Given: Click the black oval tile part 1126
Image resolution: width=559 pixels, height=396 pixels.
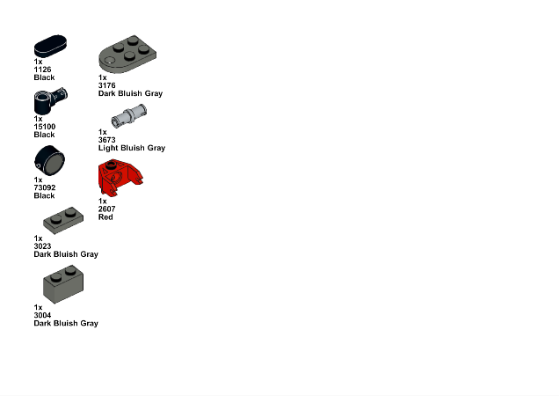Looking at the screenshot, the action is pyautogui.click(x=50, y=46).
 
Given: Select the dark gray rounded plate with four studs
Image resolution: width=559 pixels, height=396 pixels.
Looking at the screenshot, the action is pyautogui.click(x=127, y=55).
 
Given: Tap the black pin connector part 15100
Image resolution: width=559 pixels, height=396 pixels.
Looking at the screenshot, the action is pyautogui.click(x=50, y=101).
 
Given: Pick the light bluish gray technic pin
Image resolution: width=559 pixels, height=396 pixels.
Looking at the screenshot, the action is pyautogui.click(x=128, y=116).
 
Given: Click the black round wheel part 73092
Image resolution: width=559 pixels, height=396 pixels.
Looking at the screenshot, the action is pyautogui.click(x=49, y=161).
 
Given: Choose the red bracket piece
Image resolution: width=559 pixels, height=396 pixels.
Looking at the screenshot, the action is pyautogui.click(x=120, y=178).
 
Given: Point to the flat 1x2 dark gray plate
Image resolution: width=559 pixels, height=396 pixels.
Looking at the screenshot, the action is pyautogui.click(x=63, y=221).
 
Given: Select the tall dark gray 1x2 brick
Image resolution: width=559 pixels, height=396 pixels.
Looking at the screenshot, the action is pyautogui.click(x=63, y=284).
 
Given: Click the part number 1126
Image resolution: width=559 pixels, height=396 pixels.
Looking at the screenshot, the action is pyautogui.click(x=42, y=70).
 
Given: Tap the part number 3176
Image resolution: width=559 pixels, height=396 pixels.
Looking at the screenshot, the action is pyautogui.click(x=107, y=85).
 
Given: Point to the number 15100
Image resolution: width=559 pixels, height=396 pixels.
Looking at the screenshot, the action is pyautogui.click(x=45, y=127).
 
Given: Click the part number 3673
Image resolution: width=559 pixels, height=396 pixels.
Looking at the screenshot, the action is pyautogui.click(x=107, y=140).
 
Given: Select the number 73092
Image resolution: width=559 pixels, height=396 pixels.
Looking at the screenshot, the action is pyautogui.click(x=45, y=187).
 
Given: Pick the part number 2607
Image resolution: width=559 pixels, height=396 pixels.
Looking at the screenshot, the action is pyautogui.click(x=107, y=209).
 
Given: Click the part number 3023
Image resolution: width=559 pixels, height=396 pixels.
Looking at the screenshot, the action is pyautogui.click(x=42, y=246).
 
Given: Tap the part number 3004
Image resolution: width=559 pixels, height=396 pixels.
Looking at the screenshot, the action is pyautogui.click(x=42, y=315).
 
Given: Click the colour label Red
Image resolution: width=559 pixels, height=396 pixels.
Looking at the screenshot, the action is pyautogui.click(x=105, y=217).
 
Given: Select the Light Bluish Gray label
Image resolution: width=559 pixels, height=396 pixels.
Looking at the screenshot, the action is pyautogui.click(x=132, y=148).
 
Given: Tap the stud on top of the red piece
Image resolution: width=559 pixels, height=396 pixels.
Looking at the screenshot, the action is pyautogui.click(x=112, y=165).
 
